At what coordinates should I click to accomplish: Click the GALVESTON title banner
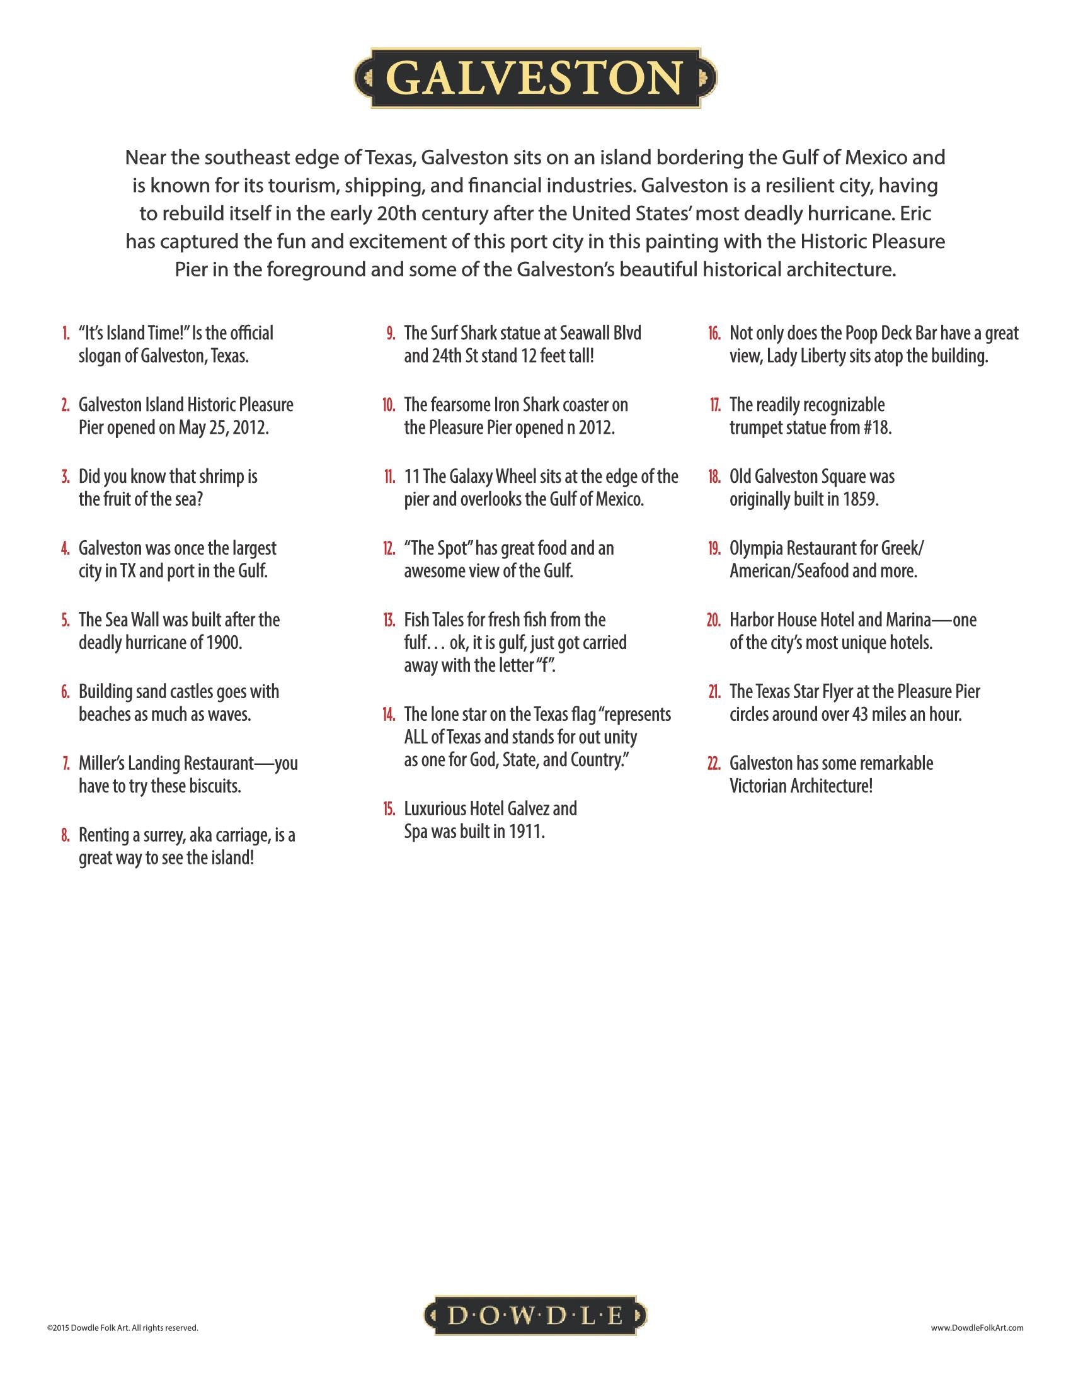coord(535,77)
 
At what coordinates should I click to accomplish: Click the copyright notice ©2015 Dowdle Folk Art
coord(122,1327)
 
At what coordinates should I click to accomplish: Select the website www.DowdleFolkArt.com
coord(976,1327)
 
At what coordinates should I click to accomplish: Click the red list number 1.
coord(66,334)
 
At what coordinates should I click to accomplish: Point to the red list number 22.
coord(714,764)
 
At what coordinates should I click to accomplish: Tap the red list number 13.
coord(389,620)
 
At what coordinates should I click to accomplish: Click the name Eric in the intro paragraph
coord(914,213)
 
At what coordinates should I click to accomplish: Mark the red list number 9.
coord(391,334)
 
